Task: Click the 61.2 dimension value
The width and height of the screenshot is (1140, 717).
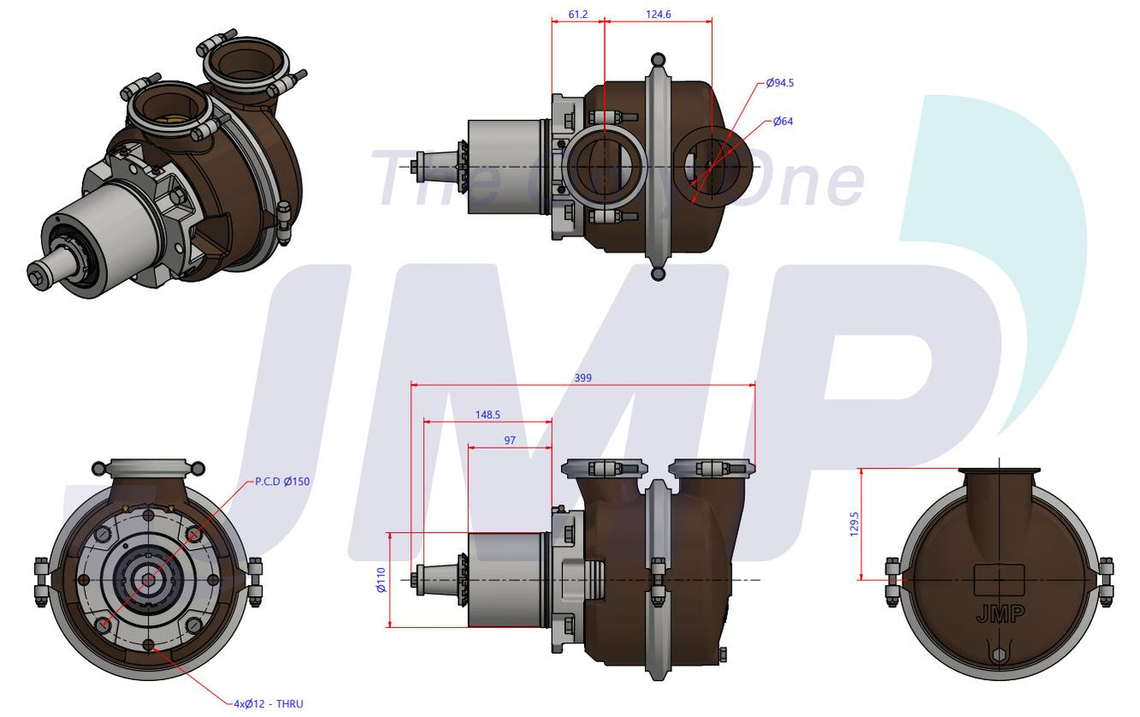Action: click(x=578, y=15)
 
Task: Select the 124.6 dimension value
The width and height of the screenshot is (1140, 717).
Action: click(x=659, y=15)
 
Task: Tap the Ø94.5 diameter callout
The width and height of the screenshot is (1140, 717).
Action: click(x=779, y=83)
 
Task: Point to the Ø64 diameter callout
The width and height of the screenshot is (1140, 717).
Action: click(x=783, y=122)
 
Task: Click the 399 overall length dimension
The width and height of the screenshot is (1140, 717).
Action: click(x=582, y=378)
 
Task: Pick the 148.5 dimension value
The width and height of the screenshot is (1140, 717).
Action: click(x=487, y=415)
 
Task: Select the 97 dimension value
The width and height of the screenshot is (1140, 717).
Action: click(x=510, y=439)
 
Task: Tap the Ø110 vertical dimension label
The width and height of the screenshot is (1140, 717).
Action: click(x=381, y=580)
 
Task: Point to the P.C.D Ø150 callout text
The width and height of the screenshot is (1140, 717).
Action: click(x=283, y=481)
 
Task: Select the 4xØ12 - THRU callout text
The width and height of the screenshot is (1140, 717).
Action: click(x=268, y=704)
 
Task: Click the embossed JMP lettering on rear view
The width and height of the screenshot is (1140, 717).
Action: click(x=999, y=615)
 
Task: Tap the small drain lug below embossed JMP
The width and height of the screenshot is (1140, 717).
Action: click(x=999, y=656)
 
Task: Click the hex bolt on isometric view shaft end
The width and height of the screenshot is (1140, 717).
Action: click(x=39, y=276)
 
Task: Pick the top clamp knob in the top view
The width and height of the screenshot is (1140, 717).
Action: click(x=658, y=60)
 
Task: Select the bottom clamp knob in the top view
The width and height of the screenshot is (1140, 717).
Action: click(x=658, y=273)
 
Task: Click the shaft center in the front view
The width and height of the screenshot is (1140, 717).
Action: click(x=148, y=580)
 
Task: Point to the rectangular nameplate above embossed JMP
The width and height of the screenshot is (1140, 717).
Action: click(x=999, y=579)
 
